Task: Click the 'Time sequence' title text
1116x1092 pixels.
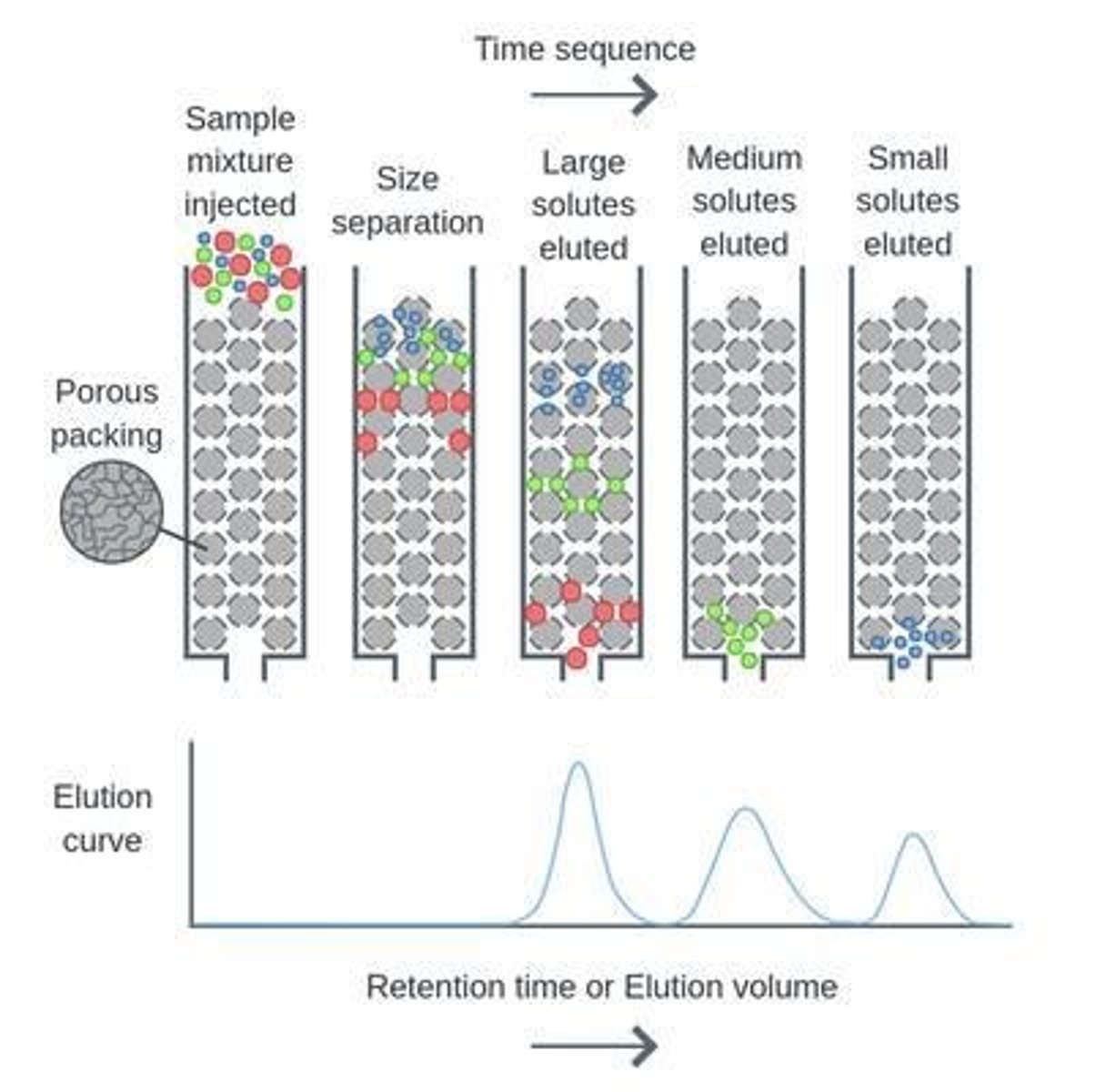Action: pyautogui.click(x=584, y=49)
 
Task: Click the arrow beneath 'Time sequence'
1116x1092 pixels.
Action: pyautogui.click(x=593, y=94)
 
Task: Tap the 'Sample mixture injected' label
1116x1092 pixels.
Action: pyautogui.click(x=240, y=161)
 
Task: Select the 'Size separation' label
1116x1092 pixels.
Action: pyautogui.click(x=407, y=201)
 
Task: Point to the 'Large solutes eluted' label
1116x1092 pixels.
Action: pyautogui.click(x=583, y=205)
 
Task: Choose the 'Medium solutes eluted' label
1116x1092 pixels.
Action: pyautogui.click(x=744, y=201)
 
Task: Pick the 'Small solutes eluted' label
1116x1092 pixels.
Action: pyautogui.click(x=907, y=201)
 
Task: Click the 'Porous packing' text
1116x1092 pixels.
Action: pyautogui.click(x=106, y=413)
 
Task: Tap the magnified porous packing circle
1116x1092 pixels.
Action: pyautogui.click(x=111, y=511)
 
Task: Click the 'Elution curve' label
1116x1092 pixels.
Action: pyautogui.click(x=102, y=818)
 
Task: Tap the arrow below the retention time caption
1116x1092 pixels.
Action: pyautogui.click(x=593, y=1046)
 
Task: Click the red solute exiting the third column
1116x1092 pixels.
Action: pyautogui.click(x=577, y=658)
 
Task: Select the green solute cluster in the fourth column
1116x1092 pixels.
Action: pyautogui.click(x=739, y=633)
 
